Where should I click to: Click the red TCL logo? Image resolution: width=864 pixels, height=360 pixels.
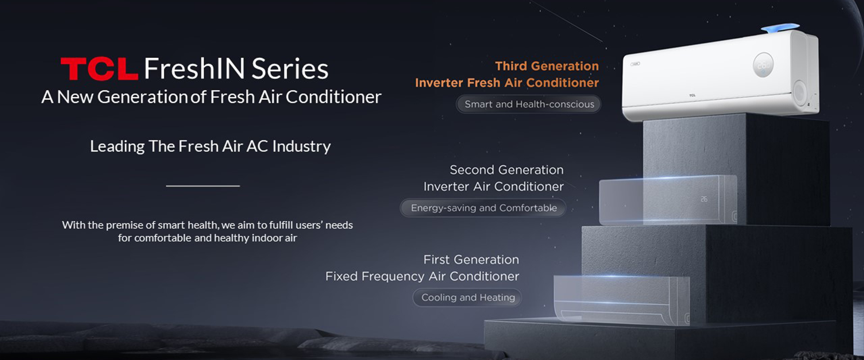click(x=99, y=69)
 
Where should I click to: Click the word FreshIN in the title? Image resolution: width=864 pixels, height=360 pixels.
click(x=195, y=68)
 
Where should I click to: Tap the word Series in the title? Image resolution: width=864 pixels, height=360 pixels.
click(x=290, y=69)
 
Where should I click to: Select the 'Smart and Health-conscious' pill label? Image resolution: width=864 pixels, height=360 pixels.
click(x=529, y=104)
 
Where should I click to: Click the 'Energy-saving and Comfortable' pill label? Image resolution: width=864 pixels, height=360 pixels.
click(x=483, y=208)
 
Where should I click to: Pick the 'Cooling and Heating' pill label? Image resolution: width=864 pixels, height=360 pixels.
click(x=468, y=297)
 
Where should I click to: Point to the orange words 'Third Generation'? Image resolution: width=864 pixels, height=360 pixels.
click(x=547, y=66)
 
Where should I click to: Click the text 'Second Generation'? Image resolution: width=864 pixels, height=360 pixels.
click(x=506, y=170)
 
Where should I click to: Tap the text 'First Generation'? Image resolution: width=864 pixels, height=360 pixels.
click(x=471, y=260)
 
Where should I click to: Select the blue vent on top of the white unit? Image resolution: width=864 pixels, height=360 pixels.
click(x=780, y=28)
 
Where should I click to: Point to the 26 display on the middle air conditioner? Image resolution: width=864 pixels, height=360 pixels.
click(x=704, y=199)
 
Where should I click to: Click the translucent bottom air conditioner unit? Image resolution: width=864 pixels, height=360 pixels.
click(x=621, y=300)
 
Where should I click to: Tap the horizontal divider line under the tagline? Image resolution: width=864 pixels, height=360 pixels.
click(x=203, y=186)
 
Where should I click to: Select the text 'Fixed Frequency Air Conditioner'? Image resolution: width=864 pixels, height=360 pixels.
click(x=422, y=276)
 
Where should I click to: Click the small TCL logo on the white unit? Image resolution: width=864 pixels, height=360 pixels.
click(x=692, y=95)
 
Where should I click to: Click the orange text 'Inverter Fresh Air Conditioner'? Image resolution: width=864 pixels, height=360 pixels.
click(x=507, y=83)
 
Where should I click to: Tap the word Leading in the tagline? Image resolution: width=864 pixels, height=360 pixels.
click(x=117, y=147)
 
